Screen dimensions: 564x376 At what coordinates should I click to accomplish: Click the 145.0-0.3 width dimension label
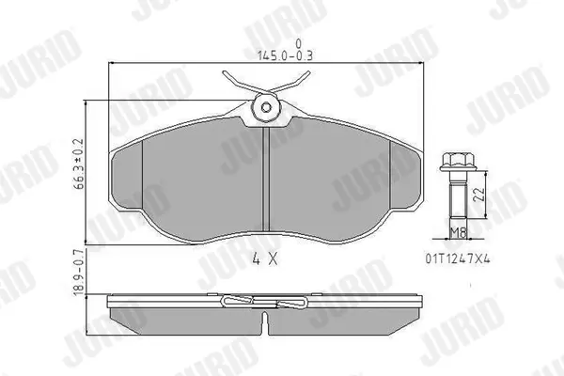click(x=285, y=55)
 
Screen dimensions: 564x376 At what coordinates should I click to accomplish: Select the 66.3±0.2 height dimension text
click(x=78, y=164)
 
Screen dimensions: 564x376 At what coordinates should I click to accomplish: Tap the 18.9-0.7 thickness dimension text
click(x=78, y=272)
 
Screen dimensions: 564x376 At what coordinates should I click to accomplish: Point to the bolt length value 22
click(x=479, y=195)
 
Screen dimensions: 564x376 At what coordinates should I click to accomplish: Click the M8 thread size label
click(x=459, y=233)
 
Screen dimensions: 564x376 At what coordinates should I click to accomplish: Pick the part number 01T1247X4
click(x=458, y=258)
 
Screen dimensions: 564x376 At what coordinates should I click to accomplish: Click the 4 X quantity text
click(x=265, y=258)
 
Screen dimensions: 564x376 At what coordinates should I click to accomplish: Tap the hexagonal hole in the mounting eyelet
click(x=266, y=107)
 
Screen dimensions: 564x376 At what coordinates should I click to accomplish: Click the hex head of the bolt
click(x=458, y=162)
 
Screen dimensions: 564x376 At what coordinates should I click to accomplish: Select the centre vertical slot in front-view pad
click(x=266, y=179)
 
